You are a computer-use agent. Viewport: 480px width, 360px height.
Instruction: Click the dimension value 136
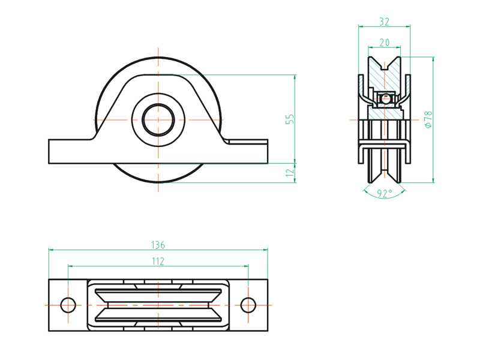click(158, 245)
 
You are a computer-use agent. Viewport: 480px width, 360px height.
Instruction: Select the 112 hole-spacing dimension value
click(158, 261)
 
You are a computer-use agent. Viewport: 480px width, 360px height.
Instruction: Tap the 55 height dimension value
click(290, 119)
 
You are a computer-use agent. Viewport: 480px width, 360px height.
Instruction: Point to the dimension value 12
click(290, 173)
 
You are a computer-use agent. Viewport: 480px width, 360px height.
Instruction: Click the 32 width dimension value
click(384, 22)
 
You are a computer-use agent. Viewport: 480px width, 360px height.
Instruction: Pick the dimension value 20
click(384, 43)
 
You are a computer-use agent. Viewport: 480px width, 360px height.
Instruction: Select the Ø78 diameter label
click(428, 119)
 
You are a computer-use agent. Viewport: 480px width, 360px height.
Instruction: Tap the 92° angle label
click(385, 193)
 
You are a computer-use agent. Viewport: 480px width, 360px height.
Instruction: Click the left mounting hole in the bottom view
click(68, 305)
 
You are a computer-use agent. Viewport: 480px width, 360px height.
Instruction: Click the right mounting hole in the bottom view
click(248, 305)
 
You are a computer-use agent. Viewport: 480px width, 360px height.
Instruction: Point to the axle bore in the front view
click(158, 119)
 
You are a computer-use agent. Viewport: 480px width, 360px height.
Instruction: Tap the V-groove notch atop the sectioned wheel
click(385, 65)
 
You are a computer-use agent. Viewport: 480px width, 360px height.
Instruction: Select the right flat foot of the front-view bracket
click(247, 152)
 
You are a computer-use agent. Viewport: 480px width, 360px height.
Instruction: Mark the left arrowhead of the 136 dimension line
click(51, 250)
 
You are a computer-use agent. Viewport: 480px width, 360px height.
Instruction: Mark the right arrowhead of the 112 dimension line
click(246, 266)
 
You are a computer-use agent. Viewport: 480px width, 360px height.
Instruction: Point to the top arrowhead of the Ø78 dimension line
click(433, 59)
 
